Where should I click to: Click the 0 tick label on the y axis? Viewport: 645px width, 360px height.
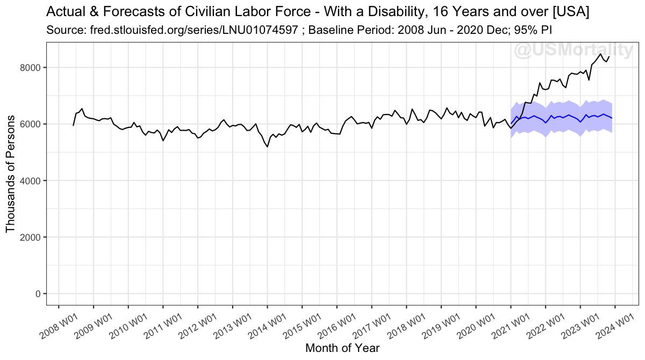(x=37, y=293)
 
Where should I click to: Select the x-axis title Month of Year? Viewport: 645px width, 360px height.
(x=342, y=348)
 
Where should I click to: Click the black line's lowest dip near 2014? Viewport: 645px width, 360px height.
(x=268, y=146)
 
